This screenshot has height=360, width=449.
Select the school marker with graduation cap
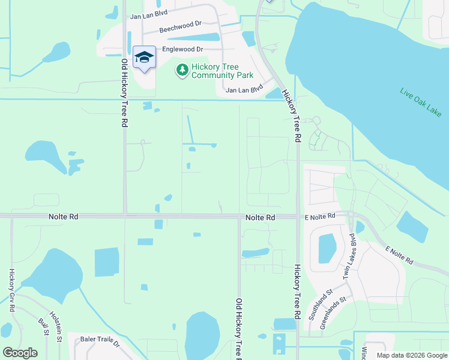[144, 58]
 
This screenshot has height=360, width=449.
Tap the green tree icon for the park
[182, 71]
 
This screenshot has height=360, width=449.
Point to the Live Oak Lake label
[421, 103]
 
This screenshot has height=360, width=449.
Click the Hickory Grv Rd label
[11, 290]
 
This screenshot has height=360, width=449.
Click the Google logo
[20, 353]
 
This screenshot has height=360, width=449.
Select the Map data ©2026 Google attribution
[411, 355]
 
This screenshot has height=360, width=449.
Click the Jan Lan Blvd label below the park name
[244, 90]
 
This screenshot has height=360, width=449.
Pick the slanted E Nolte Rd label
[399, 254]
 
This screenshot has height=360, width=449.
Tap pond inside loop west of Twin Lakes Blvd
[327, 248]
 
